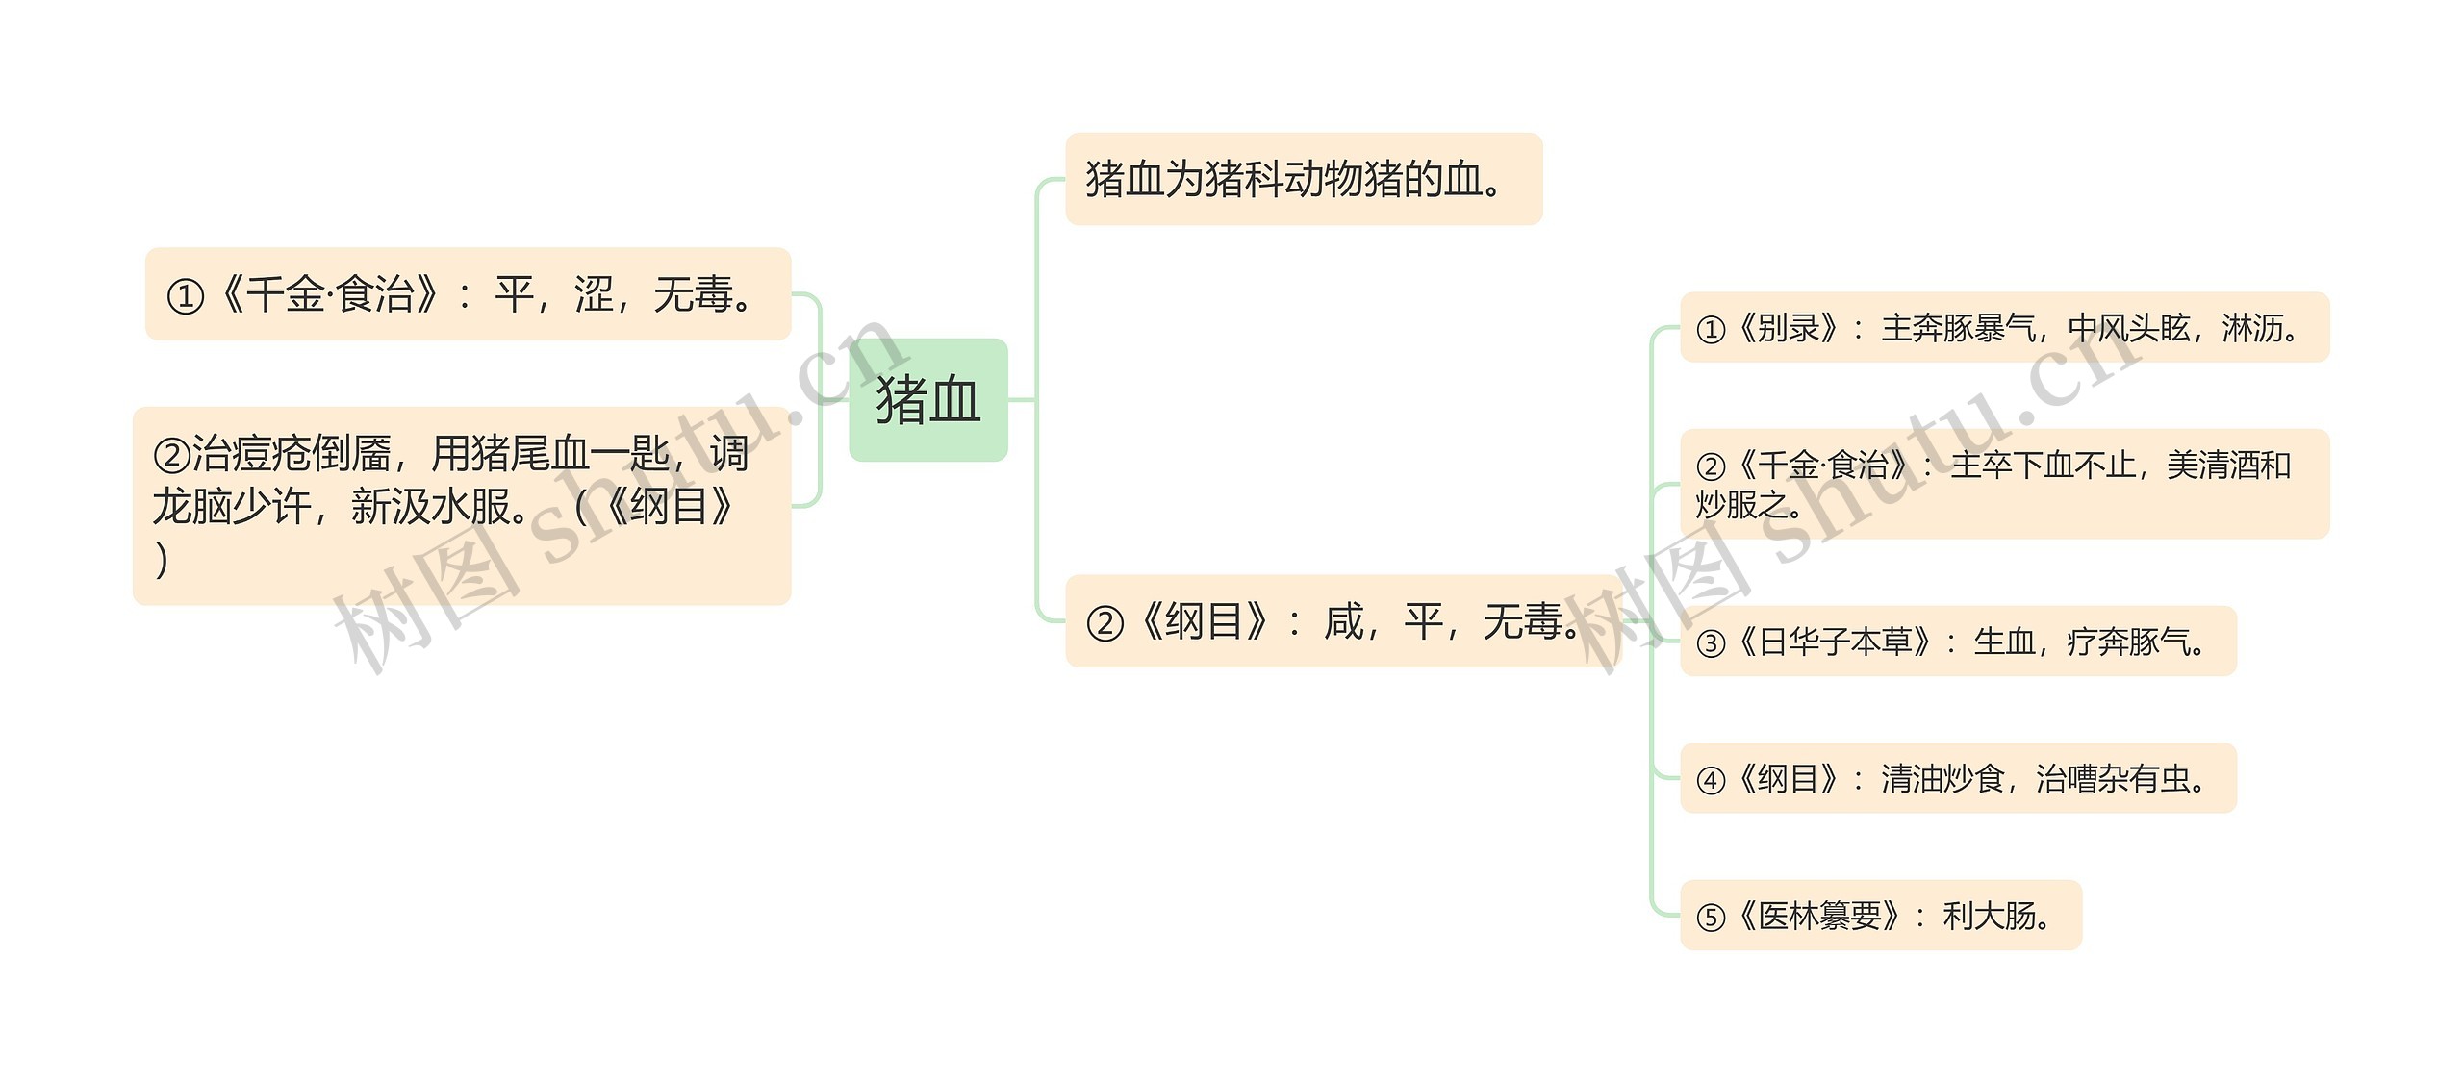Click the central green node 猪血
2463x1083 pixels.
[x=927, y=400]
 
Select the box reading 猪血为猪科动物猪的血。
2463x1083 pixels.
[x=1303, y=180]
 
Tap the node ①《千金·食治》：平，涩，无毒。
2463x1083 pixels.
[x=468, y=294]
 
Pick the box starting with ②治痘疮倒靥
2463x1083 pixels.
[x=462, y=506]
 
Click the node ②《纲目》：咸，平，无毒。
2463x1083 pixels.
[x=1341, y=621]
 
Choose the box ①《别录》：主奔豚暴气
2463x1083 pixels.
[x=2003, y=328]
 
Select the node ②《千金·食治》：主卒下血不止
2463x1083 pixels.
[x=2003, y=484]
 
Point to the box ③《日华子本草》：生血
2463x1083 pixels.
[x=1957, y=642]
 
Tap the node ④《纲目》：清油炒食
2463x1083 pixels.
[x=1957, y=778]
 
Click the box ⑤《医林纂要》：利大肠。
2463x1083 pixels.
[x=1880, y=916]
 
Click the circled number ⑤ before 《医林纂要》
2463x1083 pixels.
[x=1711, y=918]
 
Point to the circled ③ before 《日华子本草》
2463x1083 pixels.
[x=1711, y=642]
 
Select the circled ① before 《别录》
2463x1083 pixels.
[x=1711, y=330]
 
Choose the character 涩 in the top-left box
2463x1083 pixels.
[x=594, y=294]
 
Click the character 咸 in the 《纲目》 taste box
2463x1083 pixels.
[x=1344, y=621]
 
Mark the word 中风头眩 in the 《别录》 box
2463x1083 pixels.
[x=2128, y=329]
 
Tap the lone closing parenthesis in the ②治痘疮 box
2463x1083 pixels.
[x=162, y=560]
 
